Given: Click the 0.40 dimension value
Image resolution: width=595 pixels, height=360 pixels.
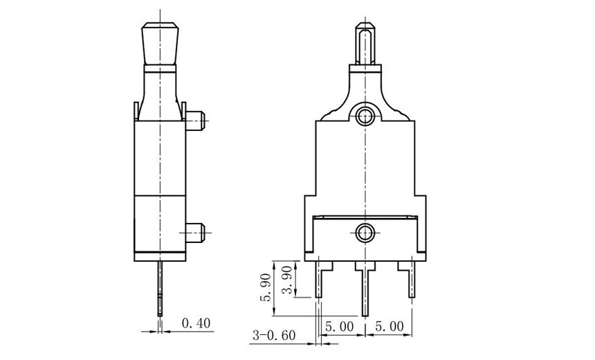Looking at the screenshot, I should click(x=196, y=323).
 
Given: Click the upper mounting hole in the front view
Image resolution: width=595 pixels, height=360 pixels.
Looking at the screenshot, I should click(x=365, y=118).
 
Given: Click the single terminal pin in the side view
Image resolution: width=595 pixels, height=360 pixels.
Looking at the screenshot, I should click(x=161, y=287).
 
